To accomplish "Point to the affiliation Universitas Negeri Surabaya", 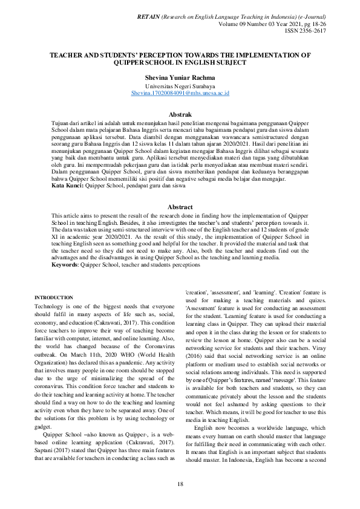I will click(x=180, y=86).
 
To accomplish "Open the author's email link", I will click(x=180, y=94).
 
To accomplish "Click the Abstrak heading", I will click(x=180, y=114).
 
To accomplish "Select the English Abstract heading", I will click(x=180, y=207).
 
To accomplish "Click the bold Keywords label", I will click(x=68, y=264).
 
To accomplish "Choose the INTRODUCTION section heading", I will click(x=53, y=297).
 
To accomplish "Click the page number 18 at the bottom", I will click(x=180, y=484).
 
